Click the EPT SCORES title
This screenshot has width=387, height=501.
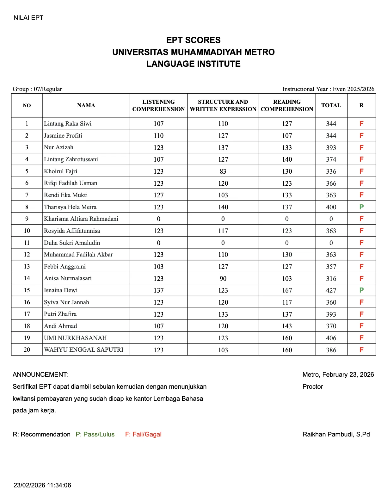[x=193, y=40]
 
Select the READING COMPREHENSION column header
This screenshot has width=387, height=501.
[x=287, y=105]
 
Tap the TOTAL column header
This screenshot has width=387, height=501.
[x=331, y=105]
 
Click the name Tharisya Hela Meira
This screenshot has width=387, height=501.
[x=70, y=207]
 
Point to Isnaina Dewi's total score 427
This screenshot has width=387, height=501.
[x=331, y=290]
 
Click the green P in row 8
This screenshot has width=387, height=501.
[x=361, y=207]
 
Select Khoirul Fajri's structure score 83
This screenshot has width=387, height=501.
[x=223, y=171]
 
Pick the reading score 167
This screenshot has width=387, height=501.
[x=287, y=290]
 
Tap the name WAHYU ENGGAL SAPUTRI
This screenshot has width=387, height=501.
[x=83, y=350]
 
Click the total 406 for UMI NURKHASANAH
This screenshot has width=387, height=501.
[x=331, y=338]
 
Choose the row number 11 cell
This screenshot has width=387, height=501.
[x=27, y=243]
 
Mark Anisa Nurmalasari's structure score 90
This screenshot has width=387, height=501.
[x=223, y=279]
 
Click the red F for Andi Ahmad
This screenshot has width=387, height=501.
[x=361, y=326]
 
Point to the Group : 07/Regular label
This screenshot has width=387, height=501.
[x=37, y=89]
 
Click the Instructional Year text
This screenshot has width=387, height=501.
[x=328, y=89]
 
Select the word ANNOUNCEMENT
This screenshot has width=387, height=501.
[x=40, y=374]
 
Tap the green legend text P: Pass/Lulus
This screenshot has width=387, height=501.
[x=95, y=434]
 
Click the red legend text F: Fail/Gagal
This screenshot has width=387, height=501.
[x=143, y=434]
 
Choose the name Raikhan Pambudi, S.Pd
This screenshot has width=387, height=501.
[x=336, y=434]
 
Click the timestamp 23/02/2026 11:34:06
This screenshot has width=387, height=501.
[x=42, y=485]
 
